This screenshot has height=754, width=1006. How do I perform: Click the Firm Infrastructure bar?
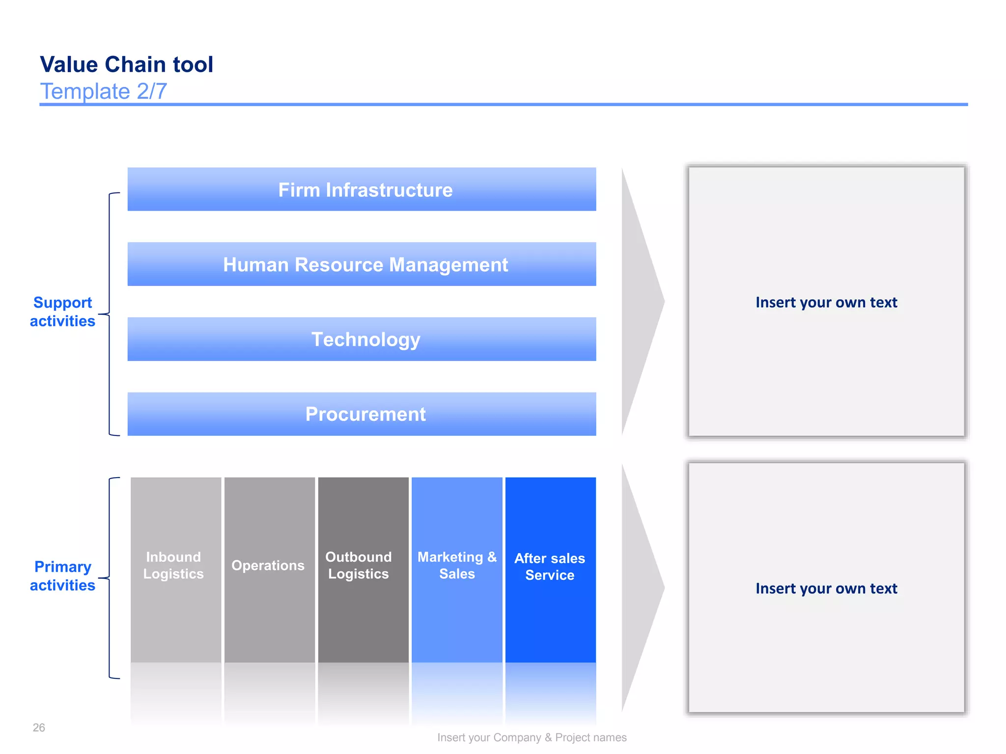362,189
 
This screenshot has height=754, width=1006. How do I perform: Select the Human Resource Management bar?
362,264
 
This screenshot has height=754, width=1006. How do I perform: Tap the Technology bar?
362,339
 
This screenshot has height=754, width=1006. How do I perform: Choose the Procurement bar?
362,414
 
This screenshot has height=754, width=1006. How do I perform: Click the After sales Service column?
550,567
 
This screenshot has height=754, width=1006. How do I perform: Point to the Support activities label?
62,312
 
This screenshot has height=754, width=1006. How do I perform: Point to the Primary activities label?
62,576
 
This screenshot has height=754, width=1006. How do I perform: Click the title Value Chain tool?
126,64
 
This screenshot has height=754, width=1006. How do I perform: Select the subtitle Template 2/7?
103,91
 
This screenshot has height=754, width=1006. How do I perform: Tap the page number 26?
39,727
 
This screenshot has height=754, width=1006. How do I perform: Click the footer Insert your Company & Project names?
531,737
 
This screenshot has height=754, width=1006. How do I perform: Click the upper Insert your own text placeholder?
826,302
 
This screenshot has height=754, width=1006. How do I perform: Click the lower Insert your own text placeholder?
826,588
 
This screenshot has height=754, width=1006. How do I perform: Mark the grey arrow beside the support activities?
640,301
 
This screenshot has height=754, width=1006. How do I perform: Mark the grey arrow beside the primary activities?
640,588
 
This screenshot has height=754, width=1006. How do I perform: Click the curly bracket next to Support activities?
109,314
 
